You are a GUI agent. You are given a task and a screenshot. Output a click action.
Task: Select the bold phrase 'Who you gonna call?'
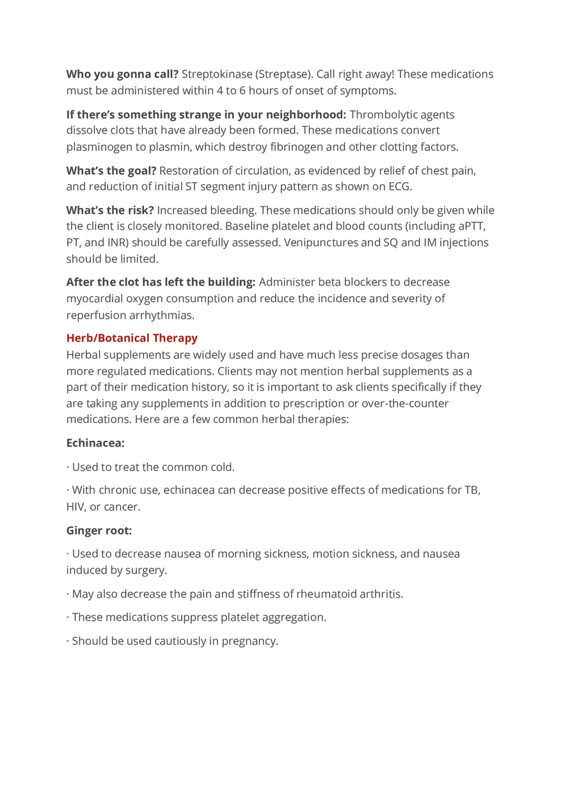[122, 74]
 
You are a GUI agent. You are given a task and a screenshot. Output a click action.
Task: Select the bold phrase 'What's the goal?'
[111, 171]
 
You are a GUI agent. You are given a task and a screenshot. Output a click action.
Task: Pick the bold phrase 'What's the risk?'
[110, 210]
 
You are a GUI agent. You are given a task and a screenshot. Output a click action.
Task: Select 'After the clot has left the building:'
[161, 282]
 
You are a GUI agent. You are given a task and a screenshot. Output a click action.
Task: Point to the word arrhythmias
[162, 315]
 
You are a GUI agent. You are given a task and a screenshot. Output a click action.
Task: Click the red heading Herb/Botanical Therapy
[132, 338]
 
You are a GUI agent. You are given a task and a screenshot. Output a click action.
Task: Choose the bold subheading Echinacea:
[95, 443]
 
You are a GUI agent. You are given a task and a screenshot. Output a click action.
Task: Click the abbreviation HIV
[75, 507]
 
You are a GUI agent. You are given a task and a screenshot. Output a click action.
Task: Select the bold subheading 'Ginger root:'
[99, 531]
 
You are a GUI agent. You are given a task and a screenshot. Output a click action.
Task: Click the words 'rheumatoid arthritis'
[349, 594]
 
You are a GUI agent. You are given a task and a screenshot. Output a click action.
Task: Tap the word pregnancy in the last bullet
[249, 641]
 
